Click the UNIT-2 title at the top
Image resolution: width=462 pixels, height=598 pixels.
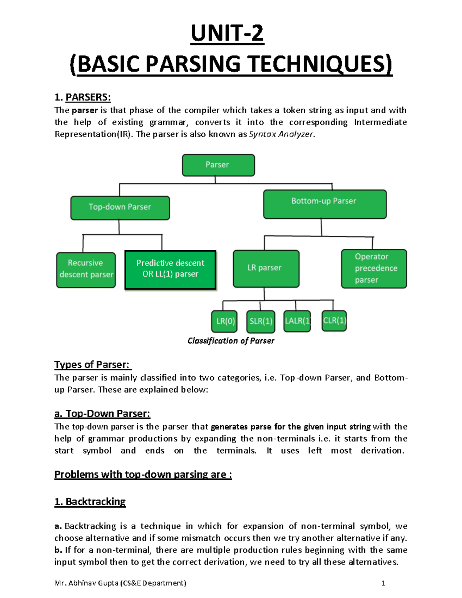click(227, 34)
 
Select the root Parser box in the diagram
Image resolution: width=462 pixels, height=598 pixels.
click(218, 165)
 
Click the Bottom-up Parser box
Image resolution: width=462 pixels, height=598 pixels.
click(325, 204)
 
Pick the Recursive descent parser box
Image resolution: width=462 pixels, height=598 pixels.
click(86, 270)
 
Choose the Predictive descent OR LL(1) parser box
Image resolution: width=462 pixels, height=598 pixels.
click(170, 270)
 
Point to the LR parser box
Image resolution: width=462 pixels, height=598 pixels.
click(266, 268)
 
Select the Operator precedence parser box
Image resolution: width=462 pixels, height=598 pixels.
click(374, 268)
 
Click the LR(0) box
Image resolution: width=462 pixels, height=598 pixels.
click(224, 321)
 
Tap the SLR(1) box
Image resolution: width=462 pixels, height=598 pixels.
click(261, 321)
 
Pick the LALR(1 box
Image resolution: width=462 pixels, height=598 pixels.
click(297, 321)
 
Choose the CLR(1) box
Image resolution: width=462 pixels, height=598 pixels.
click(334, 320)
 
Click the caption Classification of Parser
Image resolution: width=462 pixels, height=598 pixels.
click(231, 341)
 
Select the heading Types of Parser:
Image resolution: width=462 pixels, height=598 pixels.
click(92, 365)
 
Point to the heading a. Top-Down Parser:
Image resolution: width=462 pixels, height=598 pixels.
click(102, 414)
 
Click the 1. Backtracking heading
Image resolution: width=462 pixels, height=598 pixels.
click(90, 502)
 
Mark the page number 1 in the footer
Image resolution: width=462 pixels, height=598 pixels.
click(383, 583)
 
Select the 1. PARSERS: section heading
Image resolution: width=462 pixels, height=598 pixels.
click(82, 97)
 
